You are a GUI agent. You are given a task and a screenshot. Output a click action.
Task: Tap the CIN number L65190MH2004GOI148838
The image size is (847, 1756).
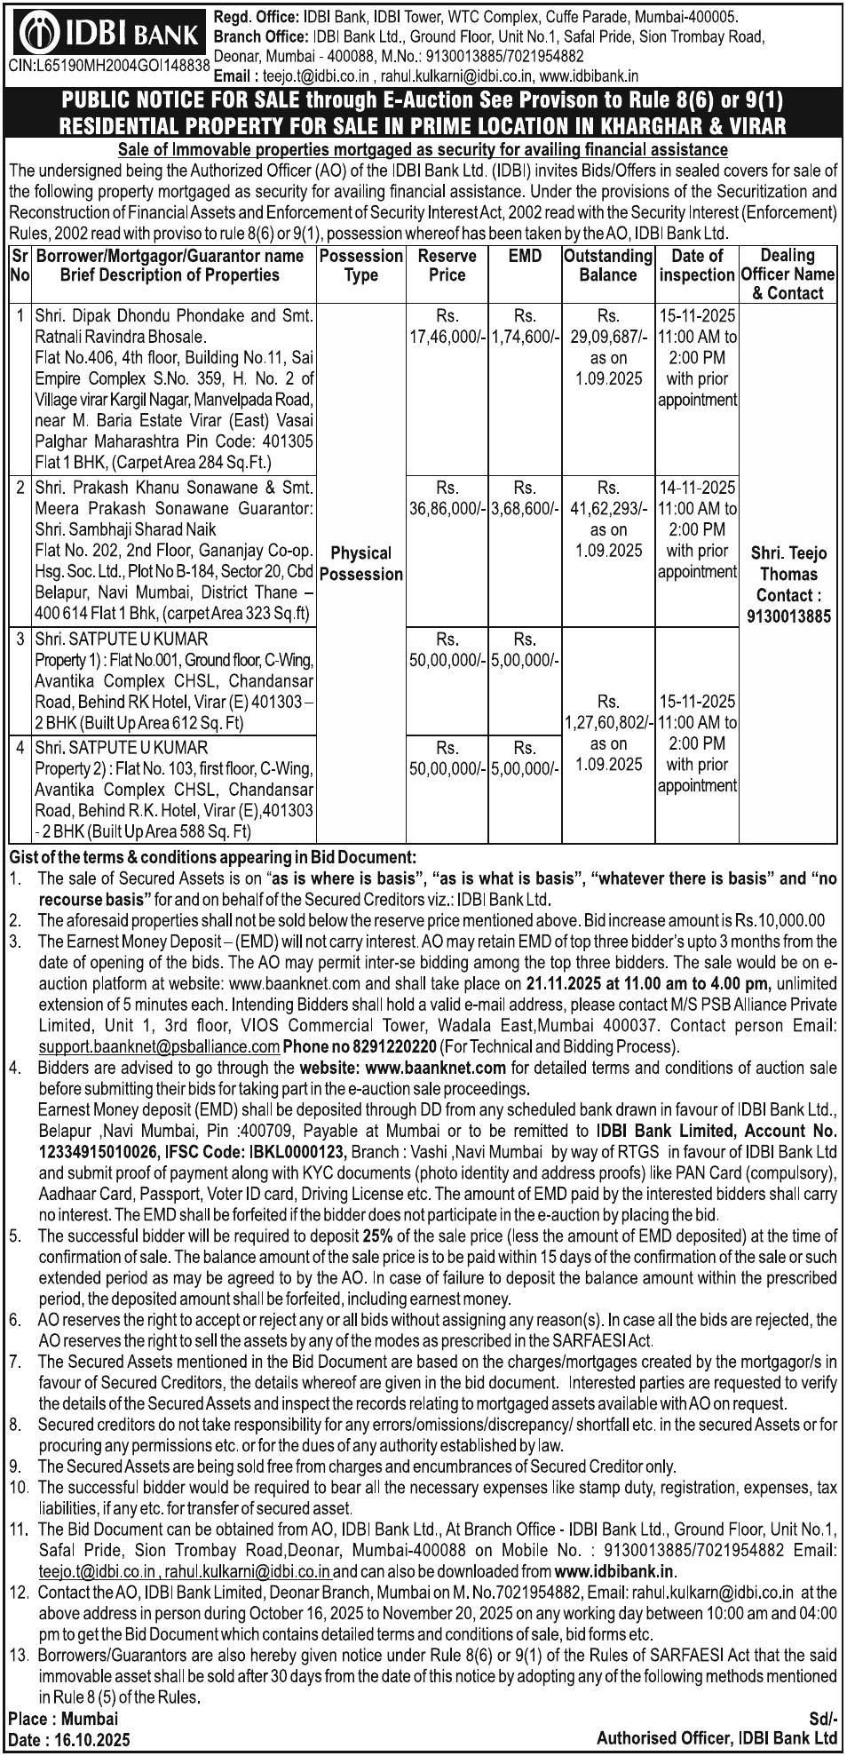pos(109,65)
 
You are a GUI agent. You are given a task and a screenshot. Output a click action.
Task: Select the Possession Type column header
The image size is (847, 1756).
pos(360,265)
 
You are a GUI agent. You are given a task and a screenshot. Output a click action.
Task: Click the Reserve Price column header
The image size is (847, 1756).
pos(447,265)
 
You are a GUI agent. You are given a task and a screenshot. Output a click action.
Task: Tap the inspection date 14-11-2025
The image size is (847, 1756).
pos(697,487)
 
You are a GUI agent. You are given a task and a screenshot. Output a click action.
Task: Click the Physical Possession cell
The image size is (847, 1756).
pos(360,563)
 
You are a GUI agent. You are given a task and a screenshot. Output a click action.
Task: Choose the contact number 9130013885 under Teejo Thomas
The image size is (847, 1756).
pos(788,616)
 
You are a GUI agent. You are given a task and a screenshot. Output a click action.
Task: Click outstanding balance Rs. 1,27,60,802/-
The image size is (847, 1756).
pos(608,722)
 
